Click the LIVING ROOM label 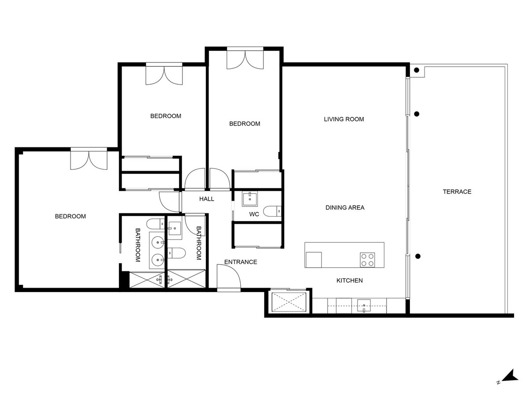[x=344, y=119]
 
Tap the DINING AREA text [x=345, y=207]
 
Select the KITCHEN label [x=350, y=281]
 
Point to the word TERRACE [x=457, y=191]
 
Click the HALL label [x=206, y=199]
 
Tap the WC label [x=254, y=214]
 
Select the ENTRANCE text [x=240, y=262]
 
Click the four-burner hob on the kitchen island [x=368, y=260]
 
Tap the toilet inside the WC [x=272, y=212]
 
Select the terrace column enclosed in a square [x=417, y=70]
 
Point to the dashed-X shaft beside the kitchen [x=288, y=302]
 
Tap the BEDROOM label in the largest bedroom [x=70, y=216]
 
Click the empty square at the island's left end [x=313, y=259]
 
